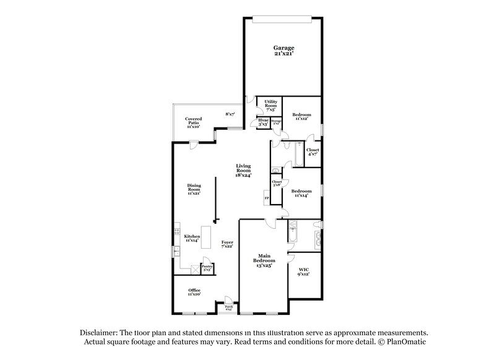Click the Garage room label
284,51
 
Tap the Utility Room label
270,105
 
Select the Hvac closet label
263,122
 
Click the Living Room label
243,170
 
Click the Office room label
194,291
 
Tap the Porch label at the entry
228,307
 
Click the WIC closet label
303,271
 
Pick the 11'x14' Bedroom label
301,193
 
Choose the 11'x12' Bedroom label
301,116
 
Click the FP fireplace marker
267,199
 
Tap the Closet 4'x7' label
313,151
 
